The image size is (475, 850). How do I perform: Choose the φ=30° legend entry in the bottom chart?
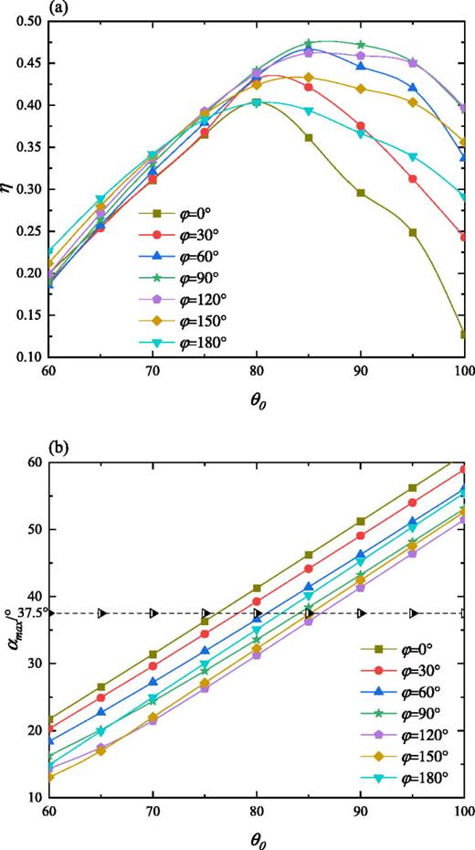(403, 674)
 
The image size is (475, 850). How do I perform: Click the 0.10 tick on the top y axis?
(36, 356)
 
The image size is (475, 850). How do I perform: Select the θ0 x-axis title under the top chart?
(259, 399)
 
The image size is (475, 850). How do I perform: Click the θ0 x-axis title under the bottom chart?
(259, 838)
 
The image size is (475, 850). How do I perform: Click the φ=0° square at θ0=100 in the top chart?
(464, 334)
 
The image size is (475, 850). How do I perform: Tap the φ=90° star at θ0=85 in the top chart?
(309, 43)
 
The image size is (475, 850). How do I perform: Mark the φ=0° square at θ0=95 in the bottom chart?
(413, 488)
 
